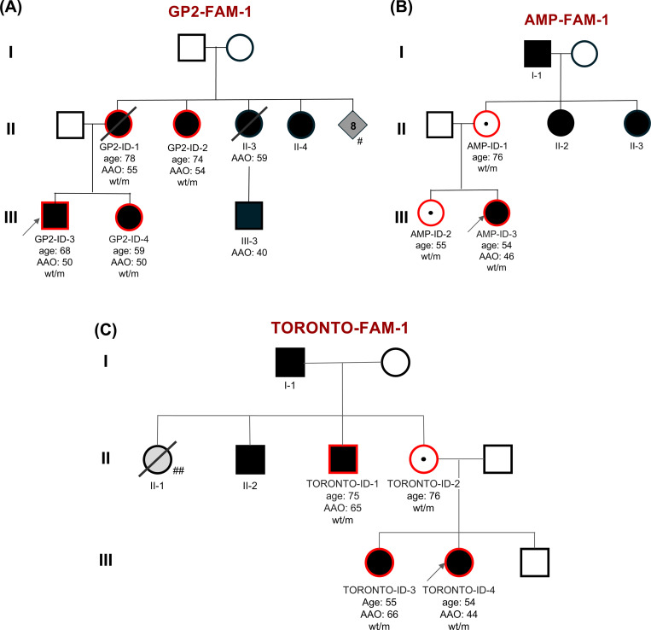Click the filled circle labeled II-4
[x=304, y=126]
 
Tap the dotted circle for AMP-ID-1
[x=487, y=125]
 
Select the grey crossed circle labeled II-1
[x=158, y=458]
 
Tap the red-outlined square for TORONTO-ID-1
[x=343, y=458]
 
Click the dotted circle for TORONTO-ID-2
[x=424, y=458]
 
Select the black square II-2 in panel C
[x=249, y=458]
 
